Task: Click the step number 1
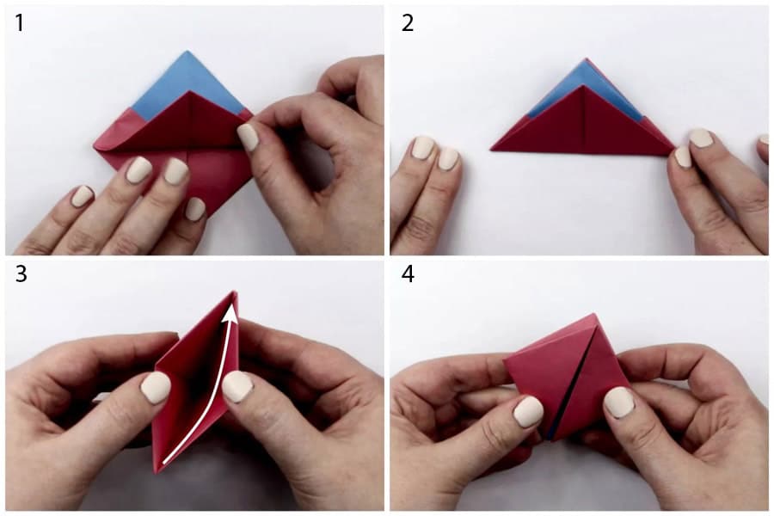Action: click(19, 23)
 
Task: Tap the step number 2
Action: click(408, 23)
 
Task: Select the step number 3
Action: click(21, 274)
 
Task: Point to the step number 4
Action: click(408, 274)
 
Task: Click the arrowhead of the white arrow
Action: click(230, 314)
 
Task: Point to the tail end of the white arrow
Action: click(164, 464)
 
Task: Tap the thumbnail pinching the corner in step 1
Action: click(248, 137)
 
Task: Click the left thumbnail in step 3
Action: click(156, 388)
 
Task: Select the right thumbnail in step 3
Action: click(237, 387)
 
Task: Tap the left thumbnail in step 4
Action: click(528, 411)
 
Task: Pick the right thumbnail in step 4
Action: click(619, 402)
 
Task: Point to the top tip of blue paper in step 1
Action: click(187, 51)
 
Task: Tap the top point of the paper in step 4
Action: click(592, 314)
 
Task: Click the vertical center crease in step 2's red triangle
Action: click(585, 119)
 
